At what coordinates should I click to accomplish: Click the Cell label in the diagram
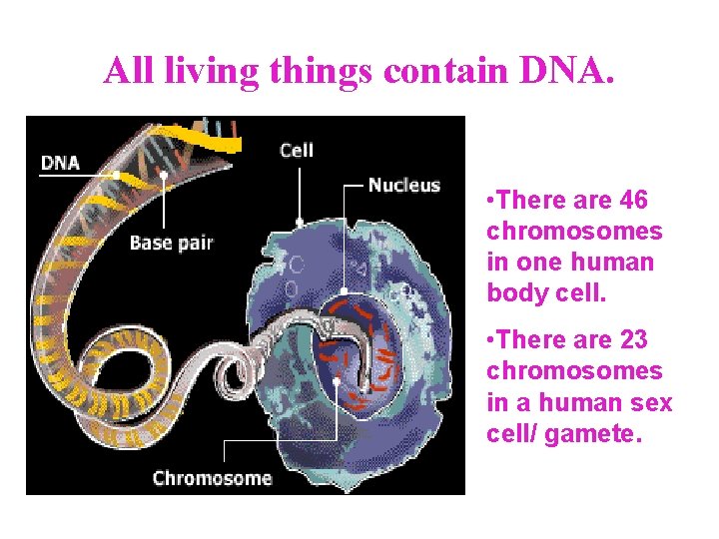[x=297, y=150]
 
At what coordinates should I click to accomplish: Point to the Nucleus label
[x=403, y=185]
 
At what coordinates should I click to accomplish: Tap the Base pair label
[x=171, y=243]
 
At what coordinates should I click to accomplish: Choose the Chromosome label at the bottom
[x=212, y=477]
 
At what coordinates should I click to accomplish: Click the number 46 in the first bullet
[x=633, y=201]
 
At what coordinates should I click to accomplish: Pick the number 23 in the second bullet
[x=633, y=340]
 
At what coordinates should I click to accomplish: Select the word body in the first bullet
[x=511, y=293]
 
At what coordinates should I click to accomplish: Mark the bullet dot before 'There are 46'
[x=483, y=202]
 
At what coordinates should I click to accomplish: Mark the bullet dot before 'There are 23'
[x=483, y=341]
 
